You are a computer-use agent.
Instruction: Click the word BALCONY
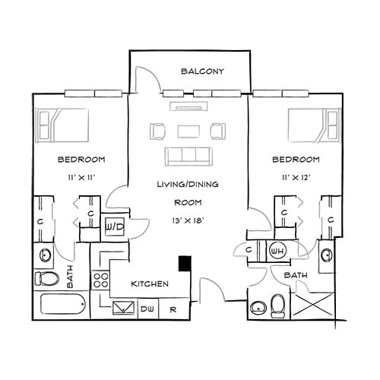point(202,72)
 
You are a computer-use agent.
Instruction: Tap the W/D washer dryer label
point(115,227)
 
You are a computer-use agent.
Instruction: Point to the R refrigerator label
point(173,309)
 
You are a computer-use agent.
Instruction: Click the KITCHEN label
point(149,284)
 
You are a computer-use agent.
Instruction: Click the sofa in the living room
point(188,156)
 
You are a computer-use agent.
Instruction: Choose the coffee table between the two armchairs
point(188,130)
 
